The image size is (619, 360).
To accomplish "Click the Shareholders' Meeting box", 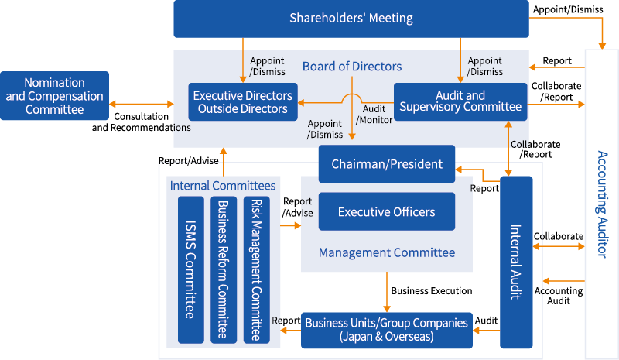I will [351, 19].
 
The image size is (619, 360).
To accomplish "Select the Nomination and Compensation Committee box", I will [54, 96].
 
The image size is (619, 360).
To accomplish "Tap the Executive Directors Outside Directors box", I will [243, 102].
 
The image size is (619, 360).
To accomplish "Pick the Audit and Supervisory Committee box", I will [460, 101].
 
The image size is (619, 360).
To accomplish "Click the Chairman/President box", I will [387, 164].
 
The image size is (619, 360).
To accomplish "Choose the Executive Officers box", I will [387, 211].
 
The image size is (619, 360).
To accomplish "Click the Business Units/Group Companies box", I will [386, 328].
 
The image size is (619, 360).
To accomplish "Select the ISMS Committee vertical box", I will [190, 269].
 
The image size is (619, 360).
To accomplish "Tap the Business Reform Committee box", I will [224, 269].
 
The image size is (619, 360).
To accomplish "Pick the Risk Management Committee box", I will [256, 269].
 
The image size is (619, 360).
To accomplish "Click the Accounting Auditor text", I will [604, 204].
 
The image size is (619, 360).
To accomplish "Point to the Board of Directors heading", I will [352, 67].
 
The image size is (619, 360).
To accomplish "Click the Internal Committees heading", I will [223, 186].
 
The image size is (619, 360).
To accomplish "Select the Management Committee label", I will [387, 252].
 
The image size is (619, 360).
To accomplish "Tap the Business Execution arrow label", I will [431, 291].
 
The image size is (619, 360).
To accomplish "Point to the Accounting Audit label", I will [559, 296].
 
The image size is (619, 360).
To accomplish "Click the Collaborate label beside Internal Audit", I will [558, 236].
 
